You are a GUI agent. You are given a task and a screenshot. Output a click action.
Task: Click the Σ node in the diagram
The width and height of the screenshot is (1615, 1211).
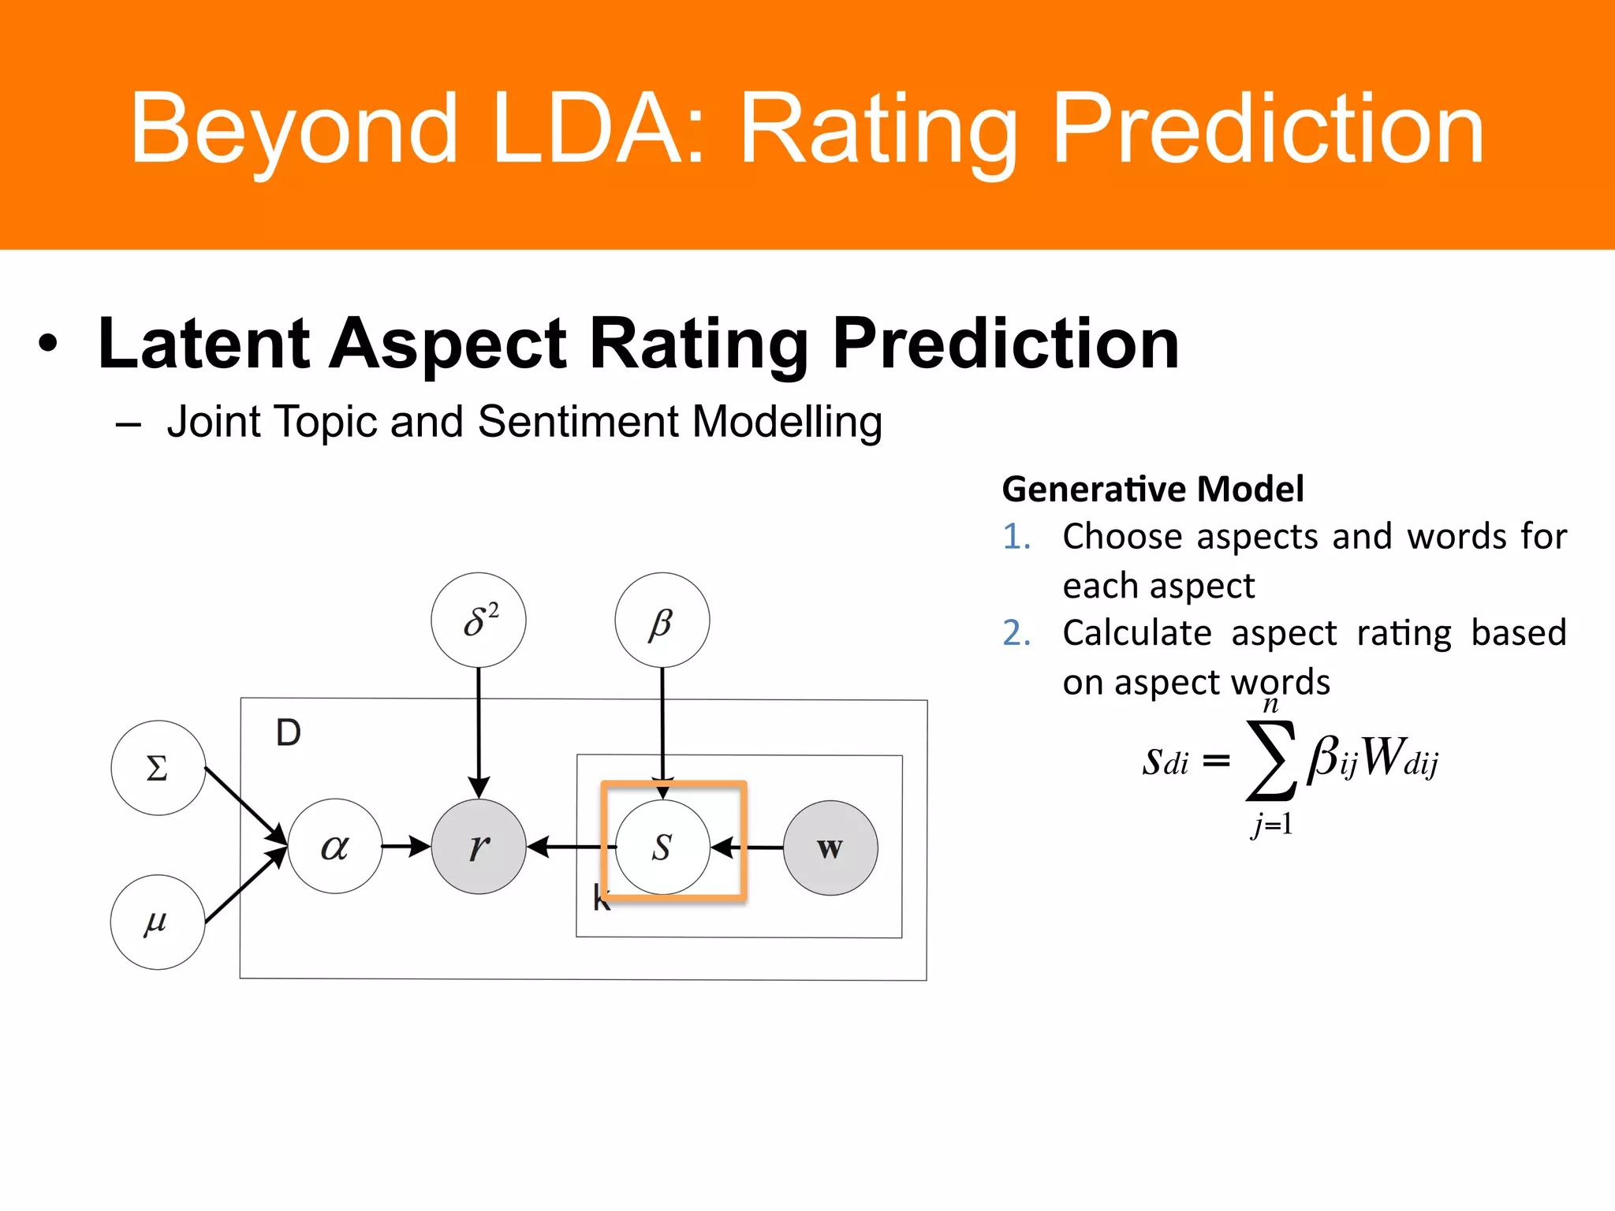(x=158, y=768)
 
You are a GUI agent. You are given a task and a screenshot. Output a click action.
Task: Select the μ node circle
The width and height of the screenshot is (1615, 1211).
(x=157, y=922)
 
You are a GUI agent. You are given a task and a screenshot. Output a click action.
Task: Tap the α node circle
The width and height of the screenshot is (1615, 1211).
(x=335, y=847)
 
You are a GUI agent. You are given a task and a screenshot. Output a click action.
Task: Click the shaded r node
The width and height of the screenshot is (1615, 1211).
(x=479, y=847)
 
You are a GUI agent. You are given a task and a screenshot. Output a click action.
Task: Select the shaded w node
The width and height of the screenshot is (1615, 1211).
(x=830, y=848)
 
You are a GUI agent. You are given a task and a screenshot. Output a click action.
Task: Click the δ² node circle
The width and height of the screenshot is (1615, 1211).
(x=479, y=620)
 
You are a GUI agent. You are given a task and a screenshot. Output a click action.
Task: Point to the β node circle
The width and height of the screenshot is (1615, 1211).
(x=662, y=620)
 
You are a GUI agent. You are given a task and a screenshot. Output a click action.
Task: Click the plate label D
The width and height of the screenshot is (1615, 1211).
(x=289, y=733)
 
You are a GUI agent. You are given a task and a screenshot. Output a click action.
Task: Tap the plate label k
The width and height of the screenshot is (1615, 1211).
(x=600, y=899)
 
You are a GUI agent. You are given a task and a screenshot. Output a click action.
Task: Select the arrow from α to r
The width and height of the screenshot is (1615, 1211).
(x=406, y=847)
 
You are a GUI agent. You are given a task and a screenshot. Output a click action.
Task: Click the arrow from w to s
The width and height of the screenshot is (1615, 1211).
(x=748, y=848)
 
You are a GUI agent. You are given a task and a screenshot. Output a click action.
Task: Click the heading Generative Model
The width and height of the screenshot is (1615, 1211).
(x=1153, y=489)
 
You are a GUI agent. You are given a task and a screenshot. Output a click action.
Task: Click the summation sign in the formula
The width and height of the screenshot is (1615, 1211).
(x=1270, y=761)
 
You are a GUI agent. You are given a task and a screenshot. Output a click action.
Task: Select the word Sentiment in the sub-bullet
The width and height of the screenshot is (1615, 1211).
(x=579, y=421)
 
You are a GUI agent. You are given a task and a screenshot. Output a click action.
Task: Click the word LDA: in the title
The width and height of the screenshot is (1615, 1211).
(x=598, y=129)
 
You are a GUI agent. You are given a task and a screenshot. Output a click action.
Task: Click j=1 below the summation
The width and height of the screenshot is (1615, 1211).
(x=1271, y=825)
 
